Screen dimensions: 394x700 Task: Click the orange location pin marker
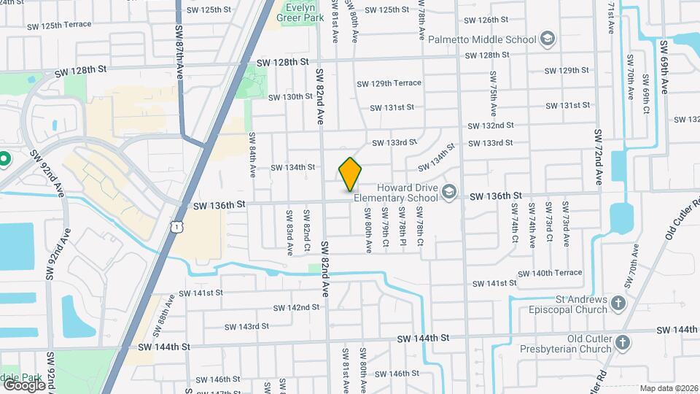pos(350,174)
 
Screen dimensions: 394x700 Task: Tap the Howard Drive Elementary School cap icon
pos(450,191)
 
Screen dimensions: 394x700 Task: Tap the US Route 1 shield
pos(176,228)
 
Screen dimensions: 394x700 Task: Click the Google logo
pos(24,385)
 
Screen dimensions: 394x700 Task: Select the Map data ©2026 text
pos(669,388)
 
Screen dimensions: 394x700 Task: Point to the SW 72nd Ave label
pos(598,156)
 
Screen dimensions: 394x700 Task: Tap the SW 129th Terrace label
pos(389,83)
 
